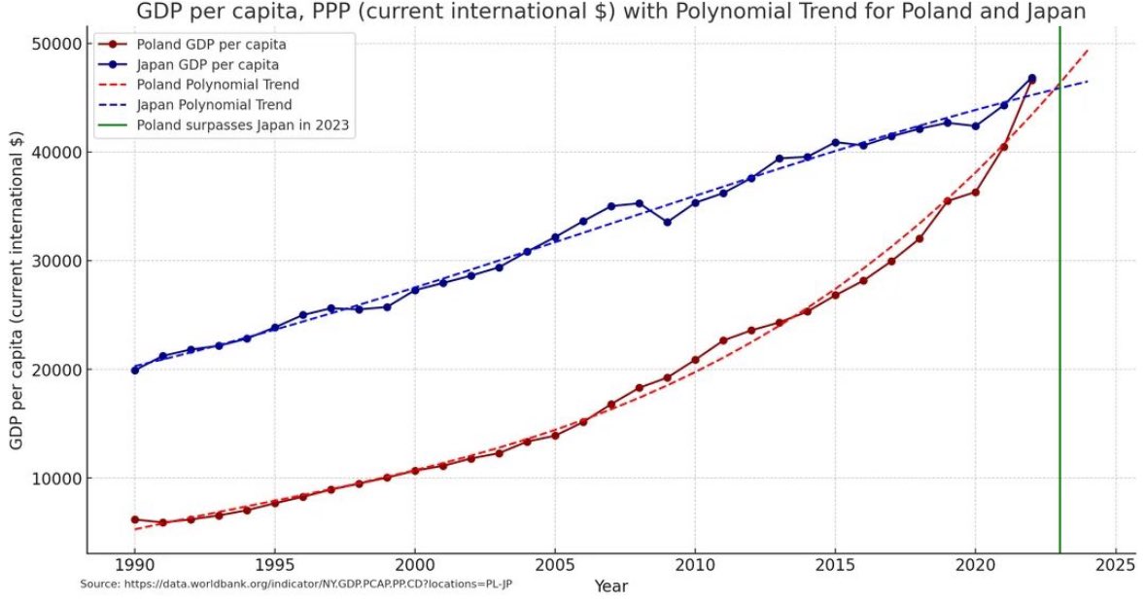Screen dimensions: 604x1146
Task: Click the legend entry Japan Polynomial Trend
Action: (x=214, y=104)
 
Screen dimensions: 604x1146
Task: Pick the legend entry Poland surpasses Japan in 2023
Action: (x=243, y=124)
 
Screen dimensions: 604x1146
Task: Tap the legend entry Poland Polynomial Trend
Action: (x=218, y=85)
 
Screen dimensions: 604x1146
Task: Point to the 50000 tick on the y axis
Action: (x=60, y=44)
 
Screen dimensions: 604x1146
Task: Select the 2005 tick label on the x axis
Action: (x=555, y=565)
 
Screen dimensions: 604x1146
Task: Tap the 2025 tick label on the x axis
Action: (x=1115, y=565)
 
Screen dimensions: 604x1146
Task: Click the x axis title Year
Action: (x=611, y=586)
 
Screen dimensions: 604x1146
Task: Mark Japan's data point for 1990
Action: (x=135, y=370)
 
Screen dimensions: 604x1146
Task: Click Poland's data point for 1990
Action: (x=135, y=519)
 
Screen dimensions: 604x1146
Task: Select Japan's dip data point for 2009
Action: (x=667, y=222)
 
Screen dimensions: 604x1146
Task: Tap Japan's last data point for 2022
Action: (x=1031, y=79)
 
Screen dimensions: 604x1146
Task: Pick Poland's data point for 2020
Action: (x=975, y=193)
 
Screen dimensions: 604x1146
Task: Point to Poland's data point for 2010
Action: (x=695, y=360)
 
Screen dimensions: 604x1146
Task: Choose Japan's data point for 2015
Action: (x=835, y=143)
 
